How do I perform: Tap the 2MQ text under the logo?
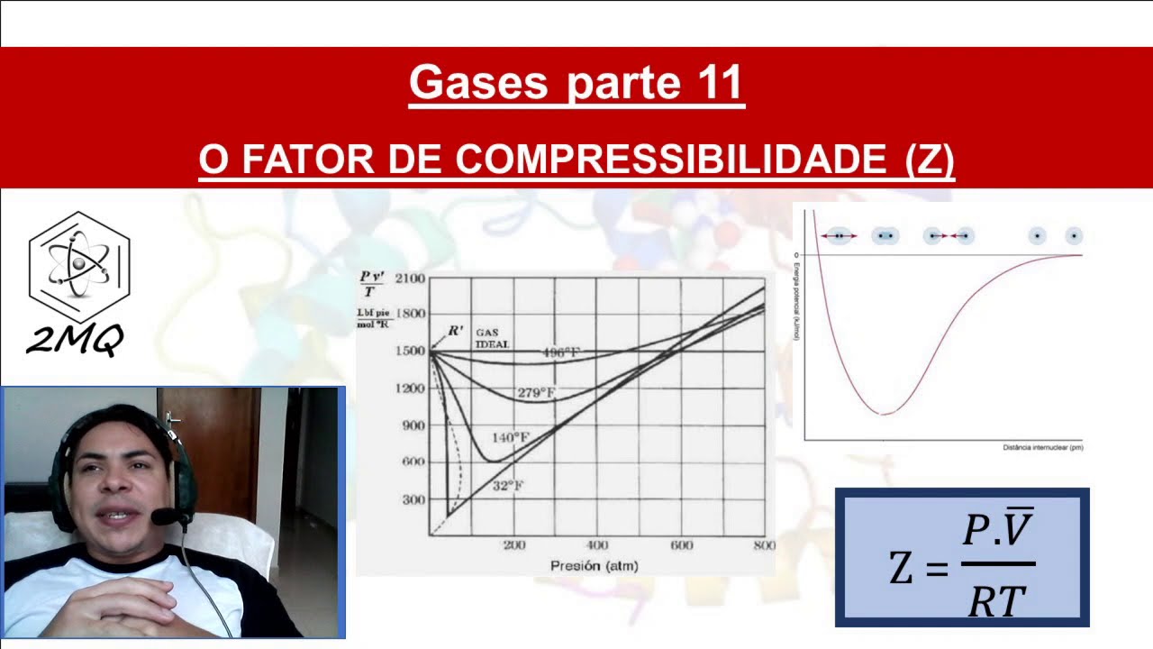coord(74,340)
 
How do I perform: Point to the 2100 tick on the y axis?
coord(410,279)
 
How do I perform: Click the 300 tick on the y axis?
coord(413,499)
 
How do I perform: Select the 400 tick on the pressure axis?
coord(597,545)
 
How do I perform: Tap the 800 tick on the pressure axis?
coord(764,545)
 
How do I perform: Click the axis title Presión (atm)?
coord(595,566)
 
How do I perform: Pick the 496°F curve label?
coord(560,352)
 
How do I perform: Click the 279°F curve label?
coord(536,393)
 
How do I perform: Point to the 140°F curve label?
coord(511,437)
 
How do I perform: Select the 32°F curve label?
coord(508,486)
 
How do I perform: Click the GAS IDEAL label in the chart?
coord(492,338)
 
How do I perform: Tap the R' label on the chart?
coord(456,331)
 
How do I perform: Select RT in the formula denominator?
coord(996,601)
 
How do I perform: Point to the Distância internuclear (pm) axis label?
coord(1042,447)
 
